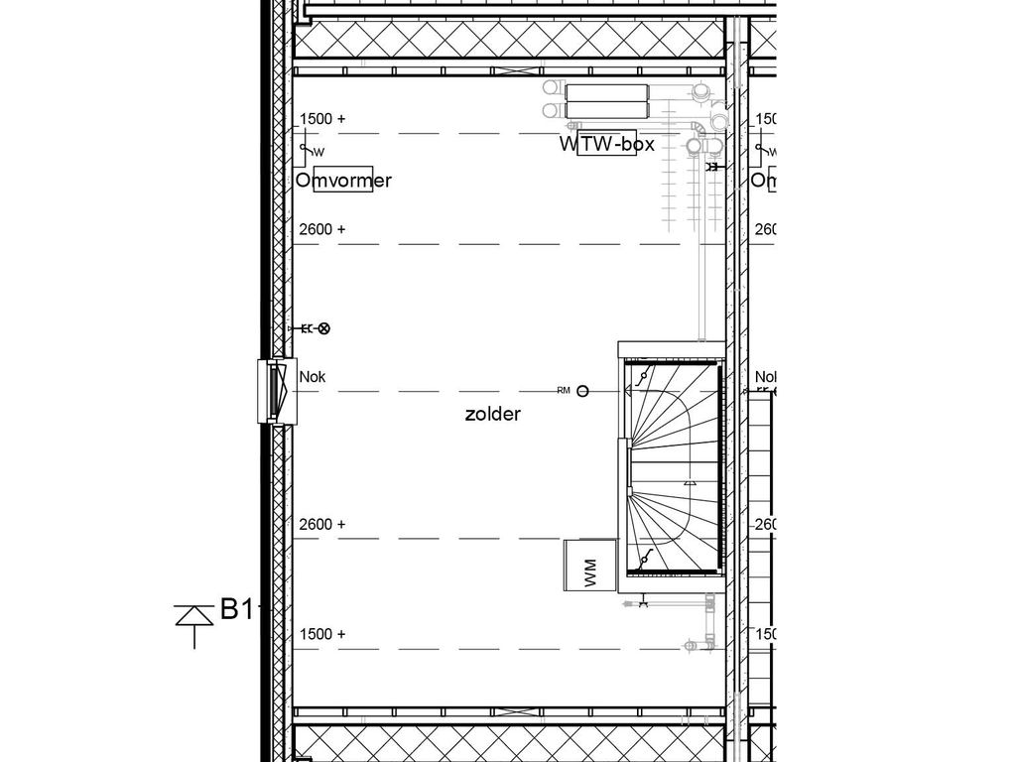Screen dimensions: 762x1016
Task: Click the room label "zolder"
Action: (x=492, y=415)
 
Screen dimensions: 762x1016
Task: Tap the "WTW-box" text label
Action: (x=606, y=145)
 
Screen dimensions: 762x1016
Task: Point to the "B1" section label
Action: (x=236, y=609)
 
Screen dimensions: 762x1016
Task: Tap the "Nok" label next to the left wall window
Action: (x=313, y=377)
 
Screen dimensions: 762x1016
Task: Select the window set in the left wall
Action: (x=273, y=391)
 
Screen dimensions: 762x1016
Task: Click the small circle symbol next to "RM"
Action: (x=583, y=391)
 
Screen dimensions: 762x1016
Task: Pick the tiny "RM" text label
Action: (x=564, y=391)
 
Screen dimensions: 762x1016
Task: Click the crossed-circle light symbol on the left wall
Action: (x=323, y=328)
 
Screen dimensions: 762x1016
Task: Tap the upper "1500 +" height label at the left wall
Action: (x=322, y=119)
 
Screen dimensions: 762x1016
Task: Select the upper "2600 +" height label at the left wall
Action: (x=322, y=229)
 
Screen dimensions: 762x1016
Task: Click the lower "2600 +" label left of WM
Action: (x=322, y=524)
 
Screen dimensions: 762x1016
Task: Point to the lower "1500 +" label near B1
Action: (x=322, y=634)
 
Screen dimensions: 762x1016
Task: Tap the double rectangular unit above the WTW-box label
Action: (x=606, y=100)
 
